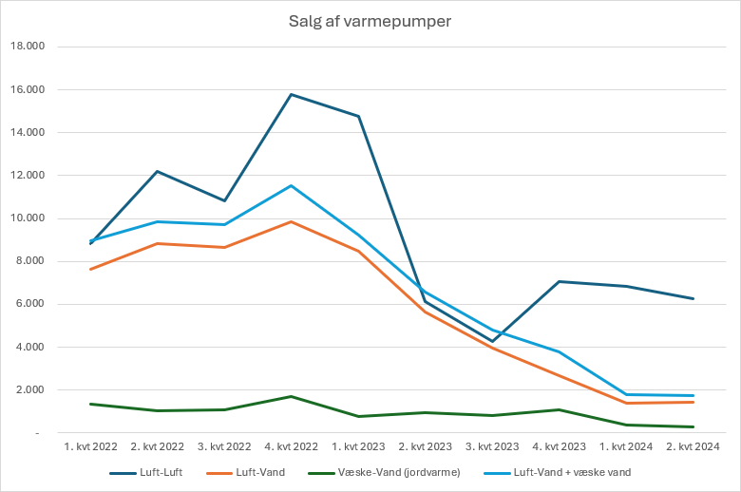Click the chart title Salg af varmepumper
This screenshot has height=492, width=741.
(370, 22)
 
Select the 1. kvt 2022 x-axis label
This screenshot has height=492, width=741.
(90, 445)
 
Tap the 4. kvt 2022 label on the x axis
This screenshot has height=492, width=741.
(291, 445)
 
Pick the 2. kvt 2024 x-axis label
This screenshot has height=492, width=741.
(693, 445)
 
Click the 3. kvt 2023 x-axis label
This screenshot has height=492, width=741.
(492, 445)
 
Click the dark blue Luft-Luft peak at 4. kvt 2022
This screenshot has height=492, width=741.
(291, 94)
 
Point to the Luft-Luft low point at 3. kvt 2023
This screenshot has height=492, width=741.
(492, 341)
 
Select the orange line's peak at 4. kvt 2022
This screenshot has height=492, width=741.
(291, 221)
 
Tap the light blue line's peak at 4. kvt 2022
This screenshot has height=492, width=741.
(291, 185)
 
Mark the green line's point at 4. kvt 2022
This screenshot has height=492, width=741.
(291, 396)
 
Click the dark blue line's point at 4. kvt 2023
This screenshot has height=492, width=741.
(559, 281)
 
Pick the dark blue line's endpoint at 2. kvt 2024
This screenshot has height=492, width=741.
(693, 298)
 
